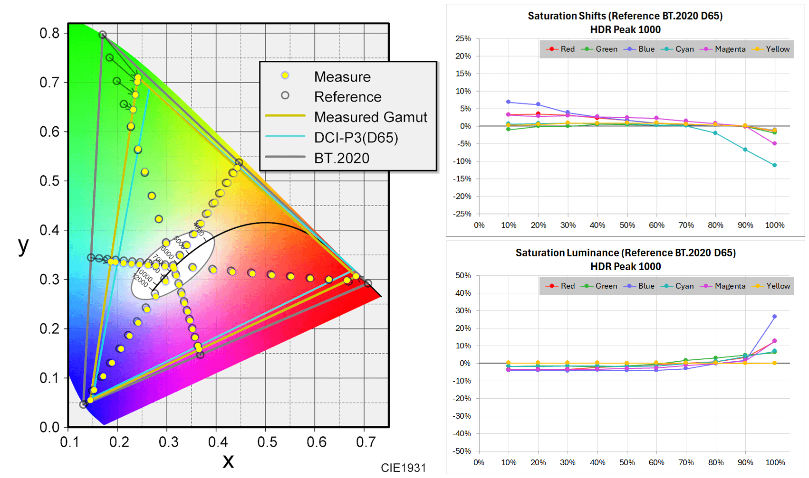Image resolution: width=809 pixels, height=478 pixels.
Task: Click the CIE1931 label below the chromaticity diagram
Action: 403,468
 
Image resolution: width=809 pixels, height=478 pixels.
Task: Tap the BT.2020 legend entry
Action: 341,158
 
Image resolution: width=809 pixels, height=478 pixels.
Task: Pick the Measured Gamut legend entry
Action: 370,117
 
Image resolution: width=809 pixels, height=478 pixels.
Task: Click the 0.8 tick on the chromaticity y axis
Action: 49,33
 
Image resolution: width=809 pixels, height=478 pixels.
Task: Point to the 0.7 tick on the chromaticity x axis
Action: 366,442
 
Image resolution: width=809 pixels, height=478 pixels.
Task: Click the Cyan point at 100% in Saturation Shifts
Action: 775,165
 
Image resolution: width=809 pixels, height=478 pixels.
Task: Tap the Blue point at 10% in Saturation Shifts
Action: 509,102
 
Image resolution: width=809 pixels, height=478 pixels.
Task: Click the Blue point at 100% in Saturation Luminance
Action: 775,317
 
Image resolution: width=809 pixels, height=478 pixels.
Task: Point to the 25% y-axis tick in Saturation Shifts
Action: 463,38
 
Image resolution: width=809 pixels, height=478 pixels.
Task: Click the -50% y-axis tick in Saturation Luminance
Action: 462,451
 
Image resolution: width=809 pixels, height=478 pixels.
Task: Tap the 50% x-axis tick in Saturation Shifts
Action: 627,225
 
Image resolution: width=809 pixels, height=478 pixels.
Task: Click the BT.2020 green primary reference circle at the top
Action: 103,35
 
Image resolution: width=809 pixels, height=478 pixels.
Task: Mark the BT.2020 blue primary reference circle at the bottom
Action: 83,404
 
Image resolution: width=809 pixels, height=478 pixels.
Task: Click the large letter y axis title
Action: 23,245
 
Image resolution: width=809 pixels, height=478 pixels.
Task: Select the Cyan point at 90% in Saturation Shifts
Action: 745,150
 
